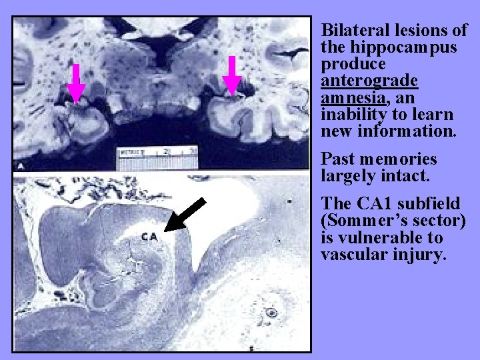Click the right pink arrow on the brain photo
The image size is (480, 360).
click(x=231, y=75)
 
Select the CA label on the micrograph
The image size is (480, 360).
click(x=150, y=237)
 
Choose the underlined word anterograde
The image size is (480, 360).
click(x=369, y=81)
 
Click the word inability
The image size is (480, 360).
click(x=353, y=115)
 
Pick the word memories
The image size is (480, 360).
click(x=399, y=159)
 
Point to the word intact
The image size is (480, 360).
click(x=413, y=176)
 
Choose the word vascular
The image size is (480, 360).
click(x=354, y=255)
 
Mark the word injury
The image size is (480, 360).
click(x=418, y=255)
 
